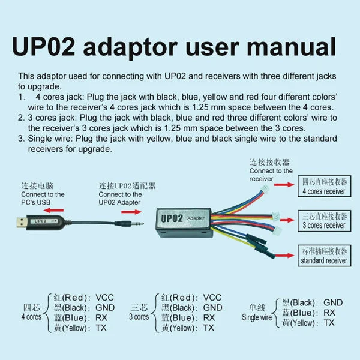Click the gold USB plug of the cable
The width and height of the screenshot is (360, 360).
21,223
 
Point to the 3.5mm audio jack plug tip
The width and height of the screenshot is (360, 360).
142,223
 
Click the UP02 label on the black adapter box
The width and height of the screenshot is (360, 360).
172,218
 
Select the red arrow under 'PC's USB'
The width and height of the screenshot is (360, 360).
54,210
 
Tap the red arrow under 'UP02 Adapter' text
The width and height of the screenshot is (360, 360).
131,212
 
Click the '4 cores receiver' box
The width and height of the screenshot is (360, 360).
324,186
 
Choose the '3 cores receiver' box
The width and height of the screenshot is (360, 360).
324,221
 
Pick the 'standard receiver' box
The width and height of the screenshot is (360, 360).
324,256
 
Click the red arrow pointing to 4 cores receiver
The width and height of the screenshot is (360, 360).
284,185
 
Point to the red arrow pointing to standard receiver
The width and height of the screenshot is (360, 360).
284,256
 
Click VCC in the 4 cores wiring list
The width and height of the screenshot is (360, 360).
104,298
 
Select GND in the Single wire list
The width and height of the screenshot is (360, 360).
333,302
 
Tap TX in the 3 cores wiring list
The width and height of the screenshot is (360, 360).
208,328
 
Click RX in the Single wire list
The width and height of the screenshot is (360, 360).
329,313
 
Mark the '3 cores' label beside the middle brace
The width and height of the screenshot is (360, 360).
139,317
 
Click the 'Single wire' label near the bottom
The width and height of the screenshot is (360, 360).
257,317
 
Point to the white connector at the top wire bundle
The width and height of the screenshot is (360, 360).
265,190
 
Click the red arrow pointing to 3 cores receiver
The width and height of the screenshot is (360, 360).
287,220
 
